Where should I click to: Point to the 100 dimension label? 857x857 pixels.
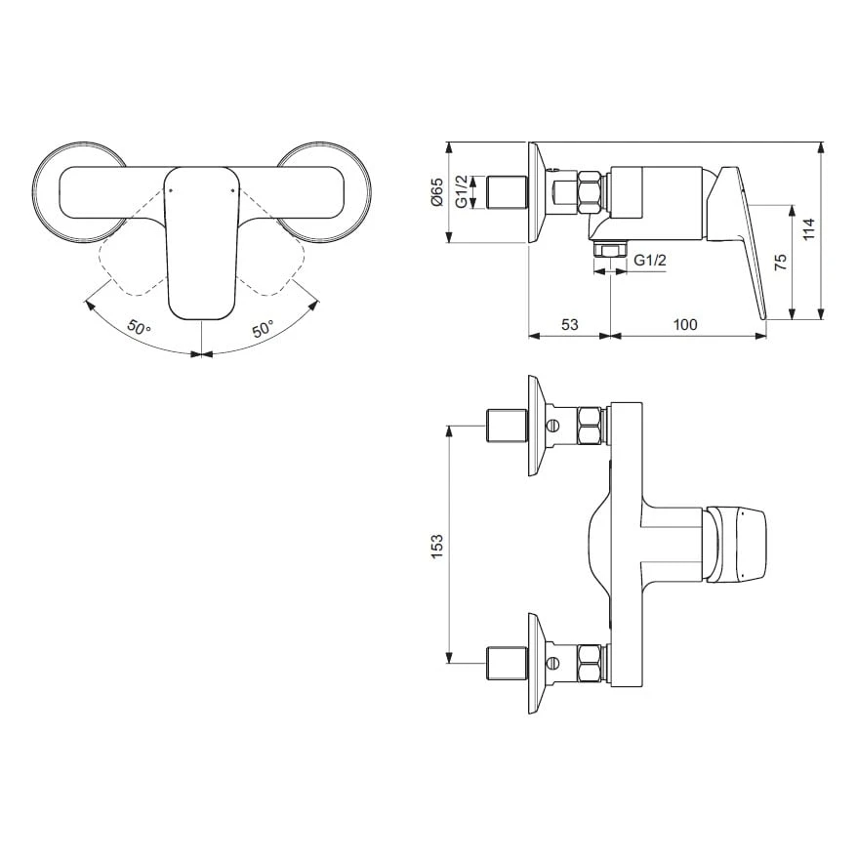coord(685,324)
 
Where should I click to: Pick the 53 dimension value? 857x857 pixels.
coord(568,324)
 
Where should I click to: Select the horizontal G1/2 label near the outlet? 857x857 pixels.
coord(650,261)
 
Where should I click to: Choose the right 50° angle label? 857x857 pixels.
coord(263,329)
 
